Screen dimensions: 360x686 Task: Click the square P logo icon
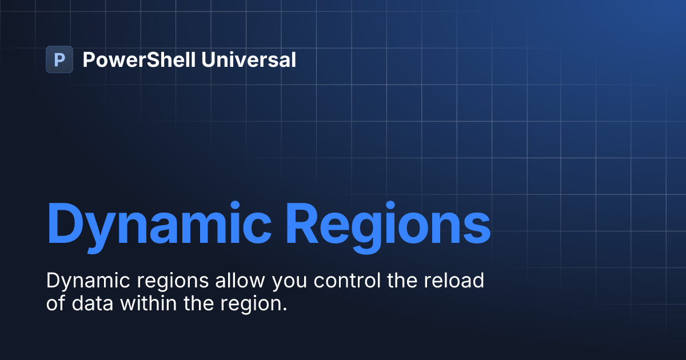point(59,59)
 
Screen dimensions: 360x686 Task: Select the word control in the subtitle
point(350,281)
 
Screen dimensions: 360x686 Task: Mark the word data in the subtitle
point(93,303)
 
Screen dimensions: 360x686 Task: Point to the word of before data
point(56,303)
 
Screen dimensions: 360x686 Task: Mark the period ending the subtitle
point(284,309)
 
